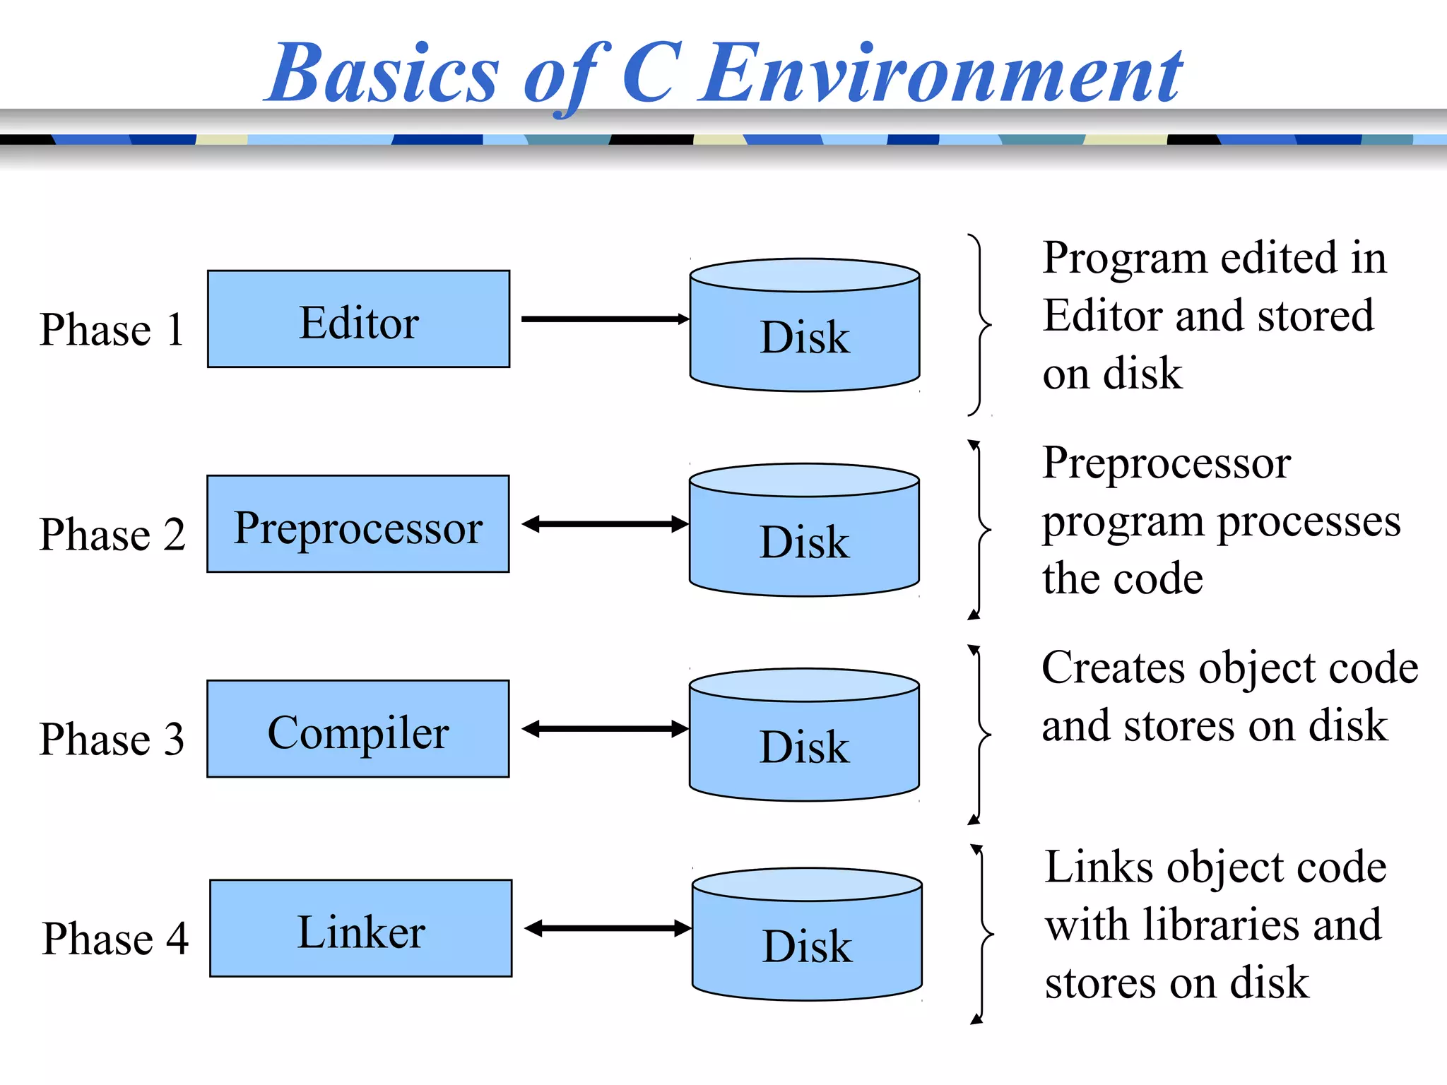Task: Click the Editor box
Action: click(x=358, y=319)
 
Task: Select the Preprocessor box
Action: click(x=358, y=524)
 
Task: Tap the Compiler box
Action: click(x=358, y=729)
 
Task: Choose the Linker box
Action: click(x=360, y=928)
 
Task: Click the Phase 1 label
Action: click(x=112, y=329)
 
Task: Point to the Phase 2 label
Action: click(x=112, y=534)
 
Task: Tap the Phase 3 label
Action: click(x=112, y=739)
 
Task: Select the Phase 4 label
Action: click(x=114, y=938)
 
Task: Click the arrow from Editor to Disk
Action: click(x=604, y=319)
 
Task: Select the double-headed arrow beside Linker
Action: click(x=608, y=928)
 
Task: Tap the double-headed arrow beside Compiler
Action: click(x=605, y=729)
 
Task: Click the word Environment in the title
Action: click(x=942, y=74)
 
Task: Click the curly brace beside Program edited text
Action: click(x=979, y=325)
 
